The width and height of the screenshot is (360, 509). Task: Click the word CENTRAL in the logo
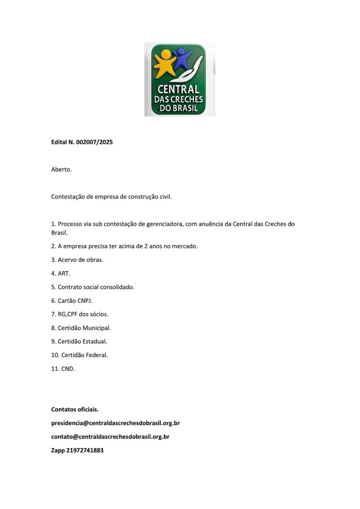(178, 89)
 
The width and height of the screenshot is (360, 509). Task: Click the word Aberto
(62, 170)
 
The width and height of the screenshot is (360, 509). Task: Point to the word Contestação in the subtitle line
(68, 197)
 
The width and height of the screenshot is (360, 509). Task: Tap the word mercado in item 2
(184, 246)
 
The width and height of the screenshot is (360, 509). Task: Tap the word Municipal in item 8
(96, 328)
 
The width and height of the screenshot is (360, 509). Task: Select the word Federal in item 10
(97, 355)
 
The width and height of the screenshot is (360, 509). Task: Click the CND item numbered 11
(68, 369)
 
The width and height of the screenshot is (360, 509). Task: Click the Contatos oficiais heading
(75, 409)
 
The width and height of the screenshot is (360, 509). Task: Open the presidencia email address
(115, 423)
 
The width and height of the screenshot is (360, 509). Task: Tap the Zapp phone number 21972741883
(85, 450)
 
